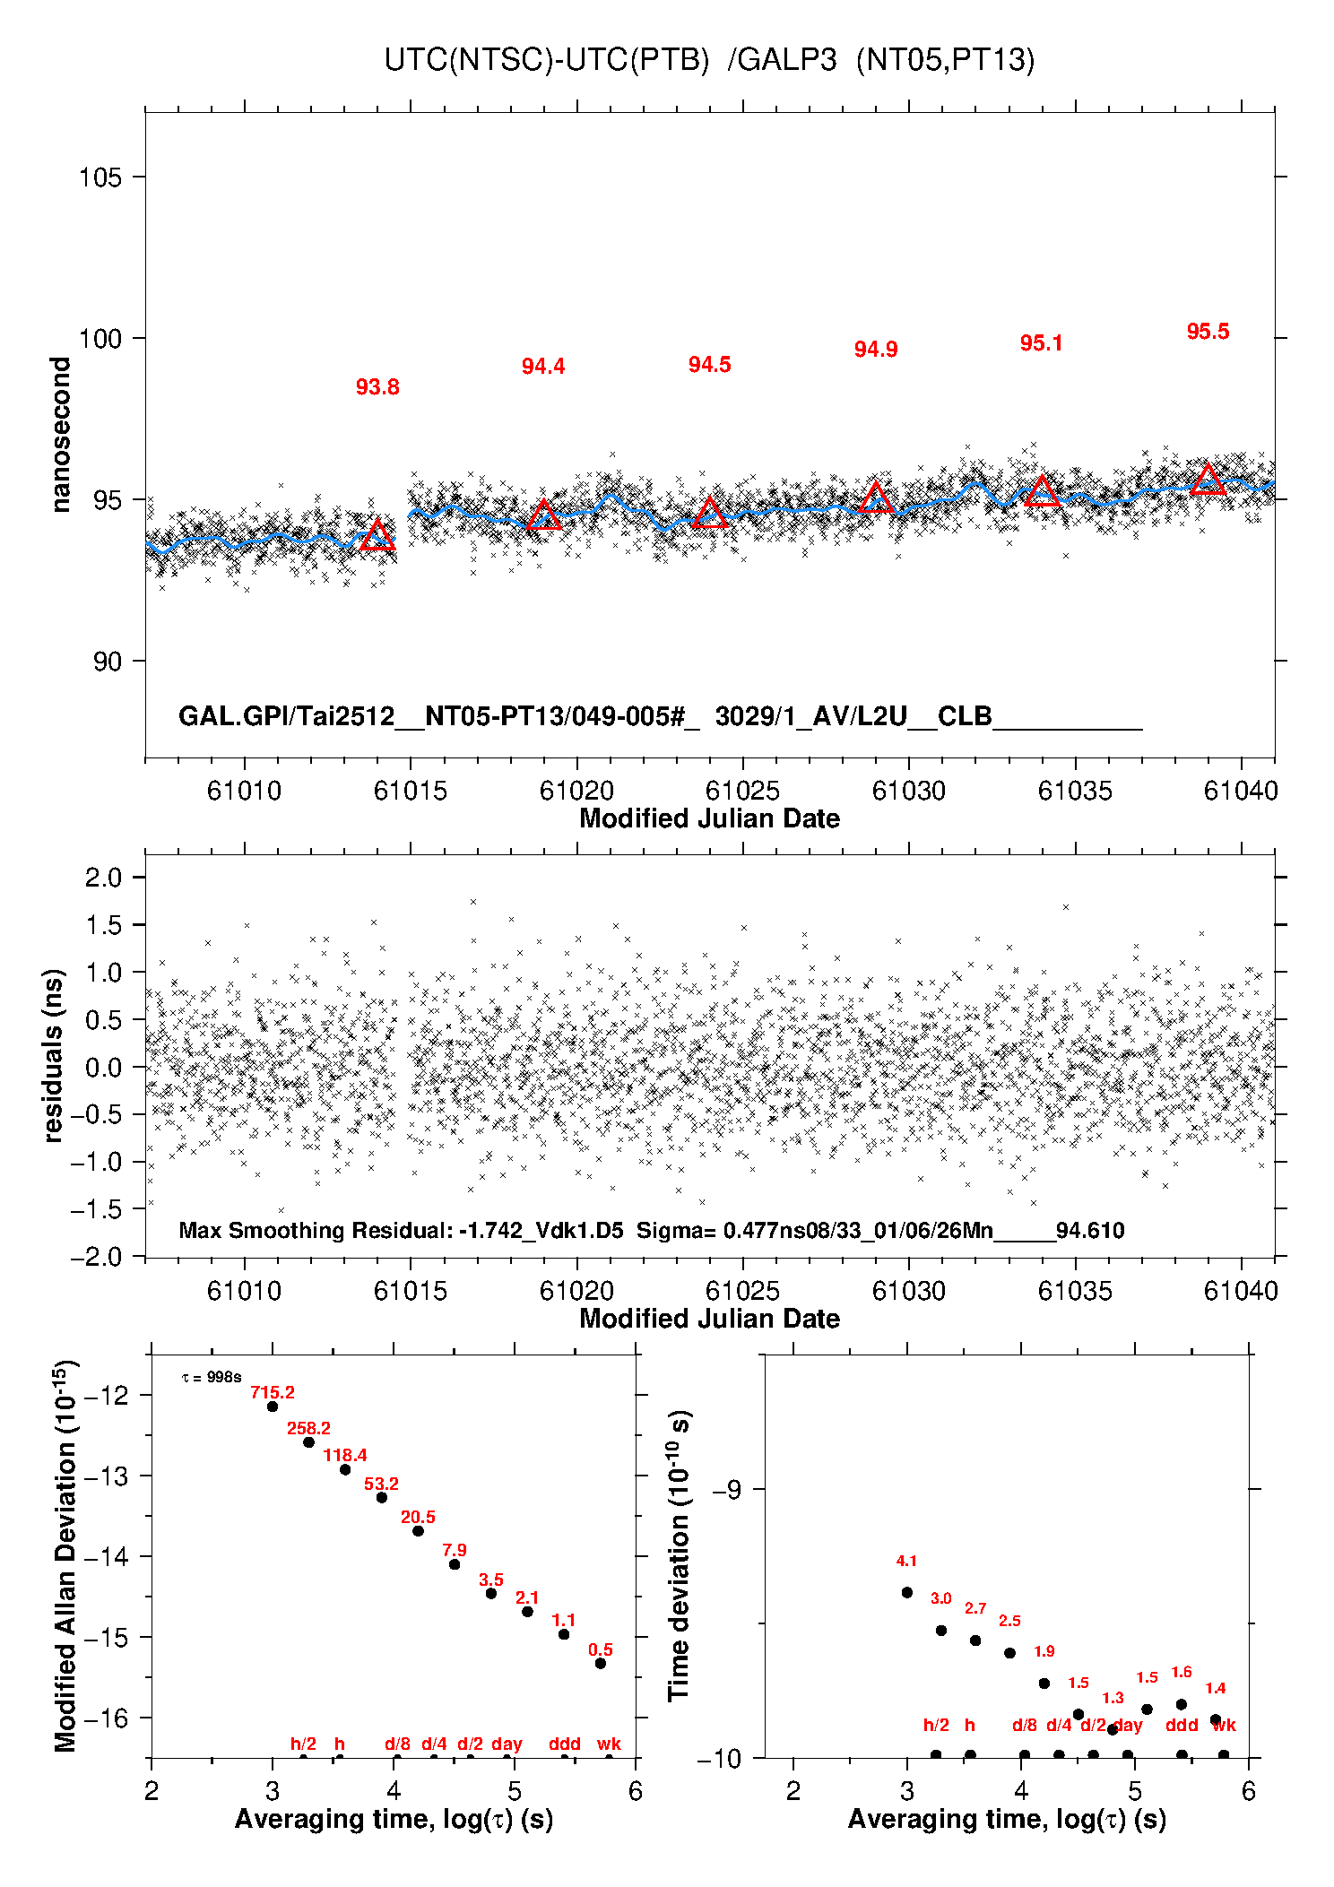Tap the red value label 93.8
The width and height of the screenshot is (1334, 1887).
377,387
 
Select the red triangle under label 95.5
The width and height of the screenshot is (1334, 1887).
1208,480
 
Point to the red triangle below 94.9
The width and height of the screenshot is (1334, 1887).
876,498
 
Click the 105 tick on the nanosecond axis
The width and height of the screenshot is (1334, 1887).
100,177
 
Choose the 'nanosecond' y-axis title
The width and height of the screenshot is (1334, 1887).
61,435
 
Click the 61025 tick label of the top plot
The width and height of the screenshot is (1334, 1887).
742,791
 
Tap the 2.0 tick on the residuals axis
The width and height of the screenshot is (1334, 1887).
103,878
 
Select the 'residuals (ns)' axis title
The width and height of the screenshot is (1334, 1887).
54,1055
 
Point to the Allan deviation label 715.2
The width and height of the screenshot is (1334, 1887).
273,1392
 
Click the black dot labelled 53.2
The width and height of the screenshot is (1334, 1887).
381,1497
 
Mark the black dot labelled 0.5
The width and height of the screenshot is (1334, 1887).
601,1663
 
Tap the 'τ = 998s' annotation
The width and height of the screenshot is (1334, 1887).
212,1377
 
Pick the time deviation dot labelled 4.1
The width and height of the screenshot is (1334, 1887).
906,1592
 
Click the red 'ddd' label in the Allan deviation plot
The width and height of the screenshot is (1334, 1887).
565,1744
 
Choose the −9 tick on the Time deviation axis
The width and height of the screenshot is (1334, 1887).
725,1490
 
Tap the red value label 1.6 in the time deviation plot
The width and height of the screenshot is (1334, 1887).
1182,1672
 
